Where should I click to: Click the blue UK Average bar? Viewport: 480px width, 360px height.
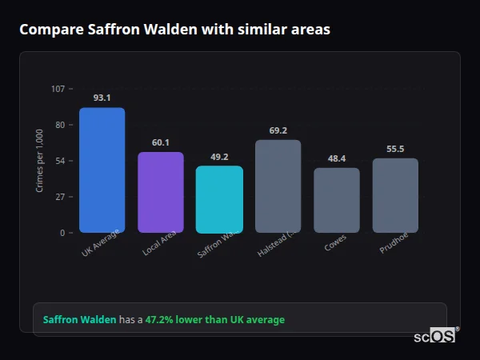point(102,170)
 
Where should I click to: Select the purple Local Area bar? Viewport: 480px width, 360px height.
point(161,192)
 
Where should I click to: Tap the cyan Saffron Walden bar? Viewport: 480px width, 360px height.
point(219,199)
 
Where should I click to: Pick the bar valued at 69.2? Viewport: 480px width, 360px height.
point(278,186)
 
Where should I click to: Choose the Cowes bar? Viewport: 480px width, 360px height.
point(336,200)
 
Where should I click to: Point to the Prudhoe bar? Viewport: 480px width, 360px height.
point(395,195)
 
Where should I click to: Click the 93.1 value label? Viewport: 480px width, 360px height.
point(102,98)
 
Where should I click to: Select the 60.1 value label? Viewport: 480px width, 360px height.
point(161,142)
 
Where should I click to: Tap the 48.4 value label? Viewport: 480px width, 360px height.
point(336,158)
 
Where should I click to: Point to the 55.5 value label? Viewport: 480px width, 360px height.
point(395,149)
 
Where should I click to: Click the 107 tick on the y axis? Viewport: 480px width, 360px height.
point(58,88)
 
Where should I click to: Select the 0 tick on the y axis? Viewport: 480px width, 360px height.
point(62,233)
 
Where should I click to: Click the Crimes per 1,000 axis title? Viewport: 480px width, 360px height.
point(40,160)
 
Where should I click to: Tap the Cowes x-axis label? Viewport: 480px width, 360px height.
point(336,243)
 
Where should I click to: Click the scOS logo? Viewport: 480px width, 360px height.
point(434,336)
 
